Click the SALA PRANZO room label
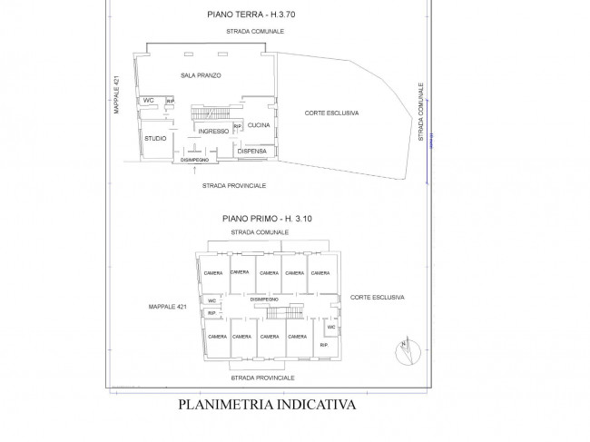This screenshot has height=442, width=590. pyautogui.click(x=201, y=74)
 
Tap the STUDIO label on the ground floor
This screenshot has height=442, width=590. pyautogui.click(x=154, y=139)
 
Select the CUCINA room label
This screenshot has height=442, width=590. pyautogui.click(x=259, y=124)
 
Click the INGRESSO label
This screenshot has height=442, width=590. pyautogui.click(x=212, y=132)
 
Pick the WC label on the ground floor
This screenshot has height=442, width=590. pyautogui.click(x=148, y=101)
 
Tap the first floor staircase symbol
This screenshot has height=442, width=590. pyautogui.click(x=285, y=314)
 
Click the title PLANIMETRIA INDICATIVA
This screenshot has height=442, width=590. pyautogui.click(x=267, y=406)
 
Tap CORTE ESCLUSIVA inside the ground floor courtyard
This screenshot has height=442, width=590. pyautogui.click(x=331, y=113)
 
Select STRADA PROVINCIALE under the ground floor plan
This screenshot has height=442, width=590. pyautogui.click(x=234, y=184)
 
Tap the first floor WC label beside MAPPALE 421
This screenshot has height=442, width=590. pyautogui.click(x=211, y=300)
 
